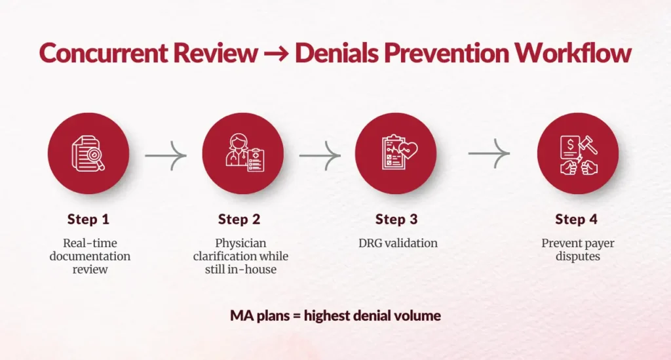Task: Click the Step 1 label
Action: [88, 219]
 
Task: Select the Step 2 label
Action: [239, 219]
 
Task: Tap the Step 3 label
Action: [396, 219]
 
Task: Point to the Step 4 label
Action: [576, 219]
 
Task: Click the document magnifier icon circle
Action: [88, 153]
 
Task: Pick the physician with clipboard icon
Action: [242, 153]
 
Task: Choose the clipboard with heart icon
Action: [396, 153]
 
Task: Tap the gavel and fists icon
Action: [577, 153]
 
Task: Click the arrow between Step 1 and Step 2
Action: [166, 156]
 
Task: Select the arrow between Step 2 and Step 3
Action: [320, 156]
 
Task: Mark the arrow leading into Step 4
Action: [489, 153]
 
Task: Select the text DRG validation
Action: [397, 243]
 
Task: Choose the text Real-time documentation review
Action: [90, 256]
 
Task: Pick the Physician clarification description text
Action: [240, 256]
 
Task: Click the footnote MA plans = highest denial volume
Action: [335, 315]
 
